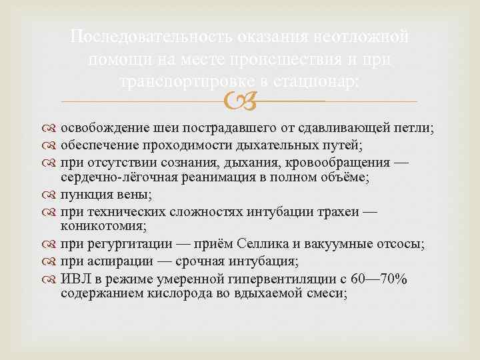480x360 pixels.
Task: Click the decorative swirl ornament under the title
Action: click(x=241, y=101)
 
